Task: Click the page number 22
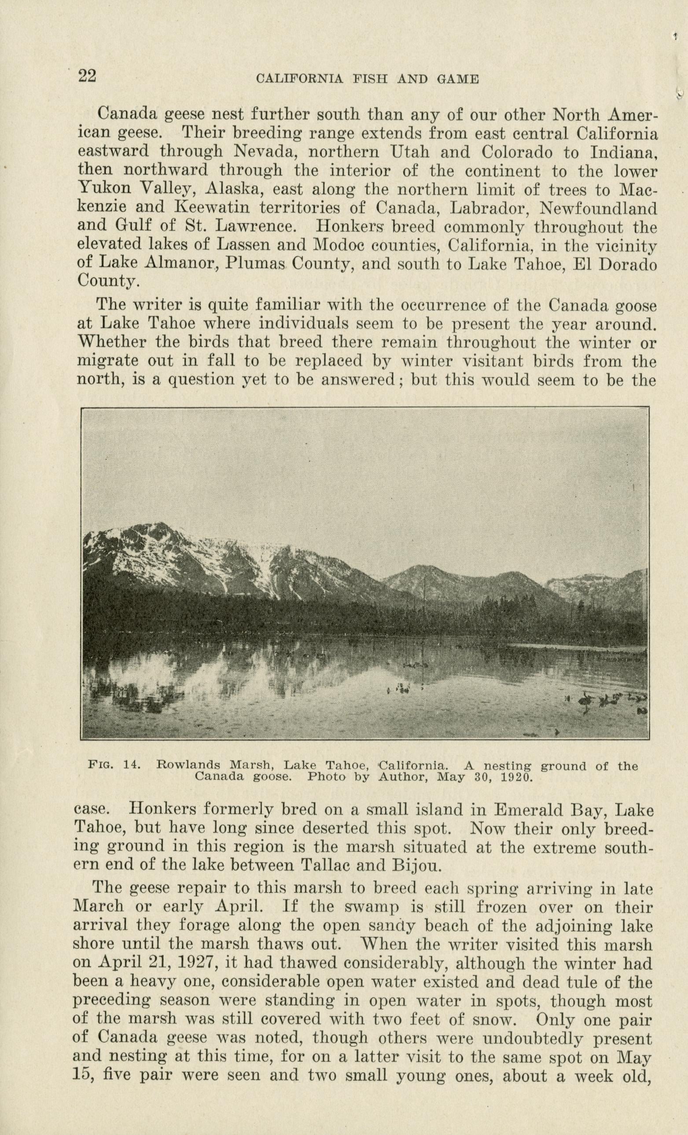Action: (87, 75)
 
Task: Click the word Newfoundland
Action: (598, 208)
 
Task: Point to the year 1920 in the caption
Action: (513, 778)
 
